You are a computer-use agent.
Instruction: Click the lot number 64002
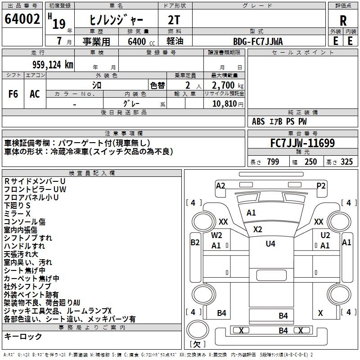[x=22, y=19]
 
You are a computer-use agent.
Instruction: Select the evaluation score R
[x=343, y=20]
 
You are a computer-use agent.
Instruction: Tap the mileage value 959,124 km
[x=53, y=64]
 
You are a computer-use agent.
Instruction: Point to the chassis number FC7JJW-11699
[x=302, y=144]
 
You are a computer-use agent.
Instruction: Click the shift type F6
[x=13, y=94]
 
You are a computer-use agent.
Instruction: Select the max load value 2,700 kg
[x=225, y=85]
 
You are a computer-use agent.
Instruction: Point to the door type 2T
[x=174, y=20]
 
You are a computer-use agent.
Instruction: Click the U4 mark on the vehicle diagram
[x=270, y=243]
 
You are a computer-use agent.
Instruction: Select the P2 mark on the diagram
[x=321, y=185]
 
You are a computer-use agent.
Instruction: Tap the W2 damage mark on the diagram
[x=217, y=235]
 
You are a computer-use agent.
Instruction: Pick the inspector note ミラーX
[x=17, y=213]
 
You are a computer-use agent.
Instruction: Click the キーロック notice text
[x=23, y=337]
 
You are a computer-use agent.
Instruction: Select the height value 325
[x=346, y=162]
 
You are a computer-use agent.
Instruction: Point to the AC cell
[x=35, y=94]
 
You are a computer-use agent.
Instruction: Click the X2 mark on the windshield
[x=257, y=229]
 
